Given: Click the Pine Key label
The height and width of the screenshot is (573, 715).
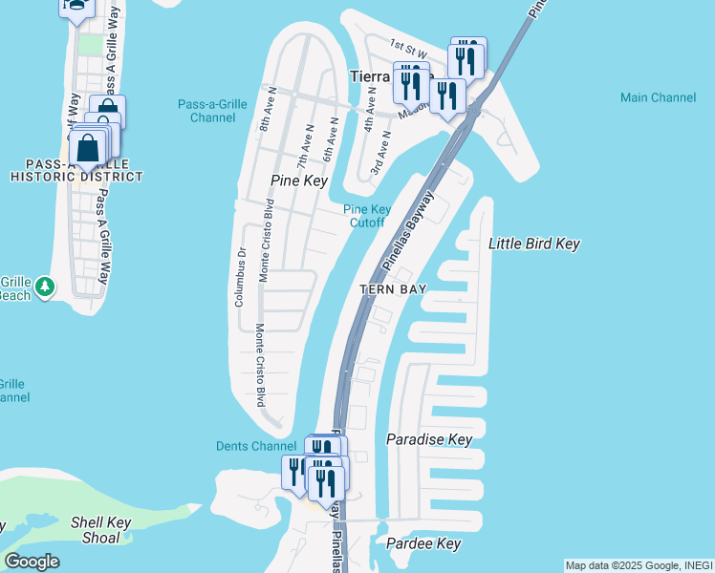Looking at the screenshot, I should [299, 180].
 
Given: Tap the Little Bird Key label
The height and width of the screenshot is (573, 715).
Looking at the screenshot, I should [534, 244].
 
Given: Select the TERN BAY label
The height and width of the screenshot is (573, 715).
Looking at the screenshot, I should [392, 288].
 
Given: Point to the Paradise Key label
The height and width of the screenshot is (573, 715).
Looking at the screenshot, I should [429, 439].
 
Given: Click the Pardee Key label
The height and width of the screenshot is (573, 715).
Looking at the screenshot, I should [423, 544].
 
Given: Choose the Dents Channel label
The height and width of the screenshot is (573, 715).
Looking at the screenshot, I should [256, 446].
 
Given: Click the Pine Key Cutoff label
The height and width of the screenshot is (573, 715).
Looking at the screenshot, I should [363, 216].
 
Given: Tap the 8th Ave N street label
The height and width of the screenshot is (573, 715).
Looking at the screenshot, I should [265, 113].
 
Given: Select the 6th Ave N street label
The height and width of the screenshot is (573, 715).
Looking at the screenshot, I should [331, 138].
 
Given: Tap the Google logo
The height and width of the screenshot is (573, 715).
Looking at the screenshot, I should [32, 562].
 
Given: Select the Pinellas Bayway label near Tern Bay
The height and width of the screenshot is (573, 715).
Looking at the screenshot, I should [407, 229].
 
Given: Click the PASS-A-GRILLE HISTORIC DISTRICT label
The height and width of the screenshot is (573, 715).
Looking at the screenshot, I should [76, 171].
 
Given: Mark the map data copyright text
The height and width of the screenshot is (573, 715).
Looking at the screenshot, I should [639, 565].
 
